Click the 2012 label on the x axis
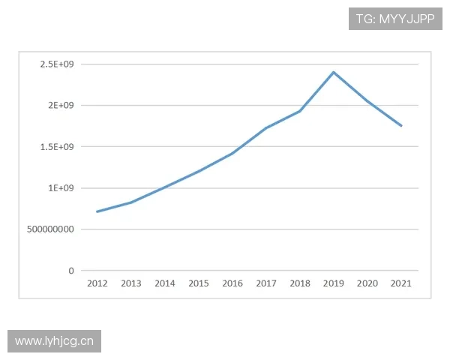point(97,283)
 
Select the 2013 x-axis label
point(131,283)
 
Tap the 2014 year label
point(165,283)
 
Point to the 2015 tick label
point(199,283)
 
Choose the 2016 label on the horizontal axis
point(232,283)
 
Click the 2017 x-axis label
point(266,283)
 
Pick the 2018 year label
point(300,283)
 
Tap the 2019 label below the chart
point(334,283)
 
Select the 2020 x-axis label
point(367,283)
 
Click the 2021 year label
point(401,283)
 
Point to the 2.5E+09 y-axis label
point(57,64)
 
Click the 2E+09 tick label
point(61,106)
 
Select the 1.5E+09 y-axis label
point(57,147)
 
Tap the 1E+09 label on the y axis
point(61,188)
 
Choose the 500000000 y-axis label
point(51,229)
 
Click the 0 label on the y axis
point(71,271)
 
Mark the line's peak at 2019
point(334,72)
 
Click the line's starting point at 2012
point(97,211)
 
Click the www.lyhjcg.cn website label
point(54,341)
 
